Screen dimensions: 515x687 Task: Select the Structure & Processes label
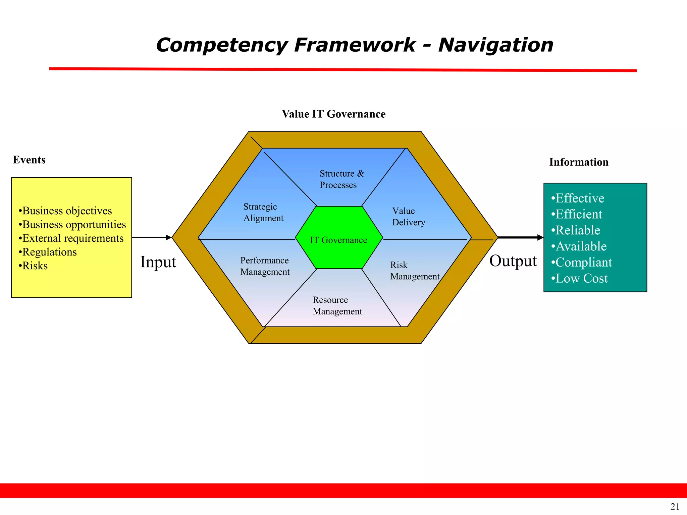coord(341,179)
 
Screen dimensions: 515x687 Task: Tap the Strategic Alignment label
coord(263,212)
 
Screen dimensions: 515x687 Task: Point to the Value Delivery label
coord(409,217)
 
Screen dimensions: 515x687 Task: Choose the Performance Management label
coord(265,266)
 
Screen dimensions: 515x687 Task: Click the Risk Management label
coord(415,271)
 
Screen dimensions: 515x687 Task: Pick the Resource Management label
coord(337,305)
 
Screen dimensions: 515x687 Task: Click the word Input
coord(158,262)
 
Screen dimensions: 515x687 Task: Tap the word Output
coord(513,261)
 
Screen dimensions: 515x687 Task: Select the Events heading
coord(29,160)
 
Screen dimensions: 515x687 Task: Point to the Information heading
coord(579,162)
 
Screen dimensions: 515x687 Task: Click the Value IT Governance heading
coord(333,114)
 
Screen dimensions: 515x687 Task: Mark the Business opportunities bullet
coord(72,225)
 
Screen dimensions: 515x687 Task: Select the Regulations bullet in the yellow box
coord(48,252)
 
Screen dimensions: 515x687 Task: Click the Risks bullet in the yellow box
coord(33,266)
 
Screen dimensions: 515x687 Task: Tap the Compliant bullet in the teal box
coord(582,263)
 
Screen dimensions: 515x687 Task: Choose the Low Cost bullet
coord(580,279)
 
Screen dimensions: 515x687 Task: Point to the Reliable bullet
coord(576,230)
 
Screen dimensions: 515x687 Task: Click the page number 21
coord(675,507)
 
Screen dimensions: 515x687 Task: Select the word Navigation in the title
coord(495,45)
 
